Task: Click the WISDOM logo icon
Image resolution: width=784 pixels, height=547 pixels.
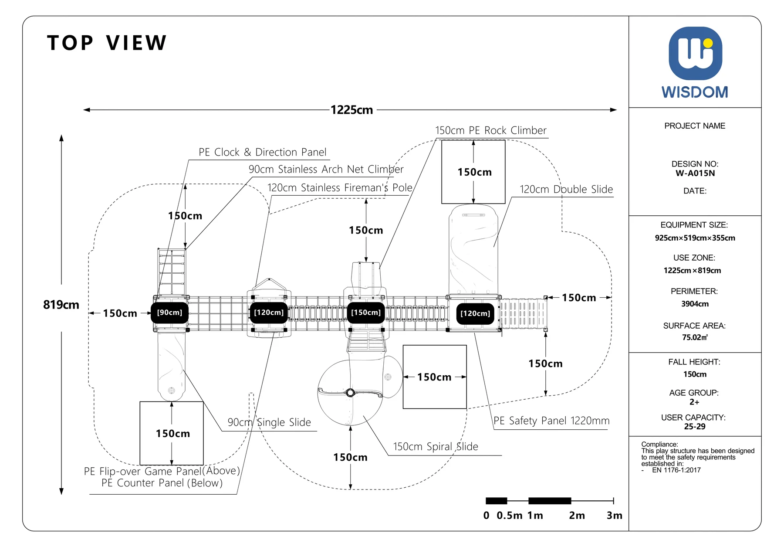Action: click(695, 53)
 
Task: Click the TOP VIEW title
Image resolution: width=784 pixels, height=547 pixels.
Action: click(107, 43)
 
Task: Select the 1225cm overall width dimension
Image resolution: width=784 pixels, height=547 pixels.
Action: click(352, 110)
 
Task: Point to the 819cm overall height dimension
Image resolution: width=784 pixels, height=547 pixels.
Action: click(61, 305)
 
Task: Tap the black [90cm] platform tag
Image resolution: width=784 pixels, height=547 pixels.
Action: click(169, 313)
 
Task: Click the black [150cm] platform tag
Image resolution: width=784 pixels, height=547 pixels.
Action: click(366, 313)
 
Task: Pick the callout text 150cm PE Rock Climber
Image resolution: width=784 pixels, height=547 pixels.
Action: click(491, 130)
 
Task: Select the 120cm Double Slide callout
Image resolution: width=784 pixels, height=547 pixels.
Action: click(566, 189)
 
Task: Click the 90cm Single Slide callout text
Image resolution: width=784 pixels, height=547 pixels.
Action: click(269, 422)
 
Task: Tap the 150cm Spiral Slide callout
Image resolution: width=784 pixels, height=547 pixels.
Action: click(436, 447)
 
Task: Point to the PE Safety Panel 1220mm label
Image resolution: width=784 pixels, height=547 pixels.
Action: click(551, 421)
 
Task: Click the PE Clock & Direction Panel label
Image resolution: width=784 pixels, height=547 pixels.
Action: click(263, 152)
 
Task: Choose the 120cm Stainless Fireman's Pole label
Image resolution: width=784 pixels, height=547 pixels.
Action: click(340, 187)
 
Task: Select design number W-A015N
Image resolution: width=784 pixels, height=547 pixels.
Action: click(695, 173)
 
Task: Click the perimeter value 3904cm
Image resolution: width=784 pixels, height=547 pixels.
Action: click(695, 304)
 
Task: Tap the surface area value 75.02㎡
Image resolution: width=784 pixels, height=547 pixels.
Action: click(695, 337)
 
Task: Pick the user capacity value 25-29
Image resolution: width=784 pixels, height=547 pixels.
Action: click(695, 427)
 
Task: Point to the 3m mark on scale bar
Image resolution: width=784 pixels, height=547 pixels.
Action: click(615, 516)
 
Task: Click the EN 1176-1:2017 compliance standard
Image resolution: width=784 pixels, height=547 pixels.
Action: click(676, 470)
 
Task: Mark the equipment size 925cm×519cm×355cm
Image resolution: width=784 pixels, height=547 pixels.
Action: click(695, 238)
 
